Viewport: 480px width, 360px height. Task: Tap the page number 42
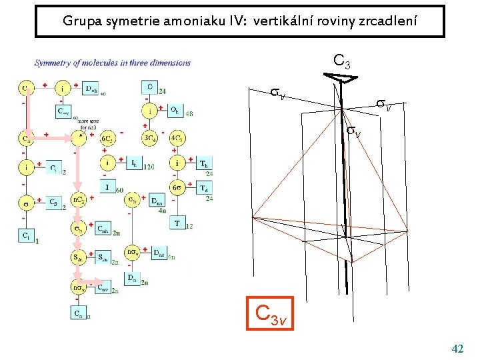point(457,348)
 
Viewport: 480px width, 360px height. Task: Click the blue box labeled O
point(149,87)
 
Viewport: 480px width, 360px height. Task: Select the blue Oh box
point(173,110)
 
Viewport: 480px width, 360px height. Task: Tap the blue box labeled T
point(177,223)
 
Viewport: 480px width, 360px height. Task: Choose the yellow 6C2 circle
point(108,138)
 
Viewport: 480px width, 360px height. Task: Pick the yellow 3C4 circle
point(149,138)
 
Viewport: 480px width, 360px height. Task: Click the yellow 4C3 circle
point(178,138)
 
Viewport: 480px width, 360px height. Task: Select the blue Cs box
point(56,201)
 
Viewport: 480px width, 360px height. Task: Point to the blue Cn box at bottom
point(77,313)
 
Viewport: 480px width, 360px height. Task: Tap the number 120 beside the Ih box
point(149,167)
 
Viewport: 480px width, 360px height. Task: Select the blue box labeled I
point(107,187)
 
